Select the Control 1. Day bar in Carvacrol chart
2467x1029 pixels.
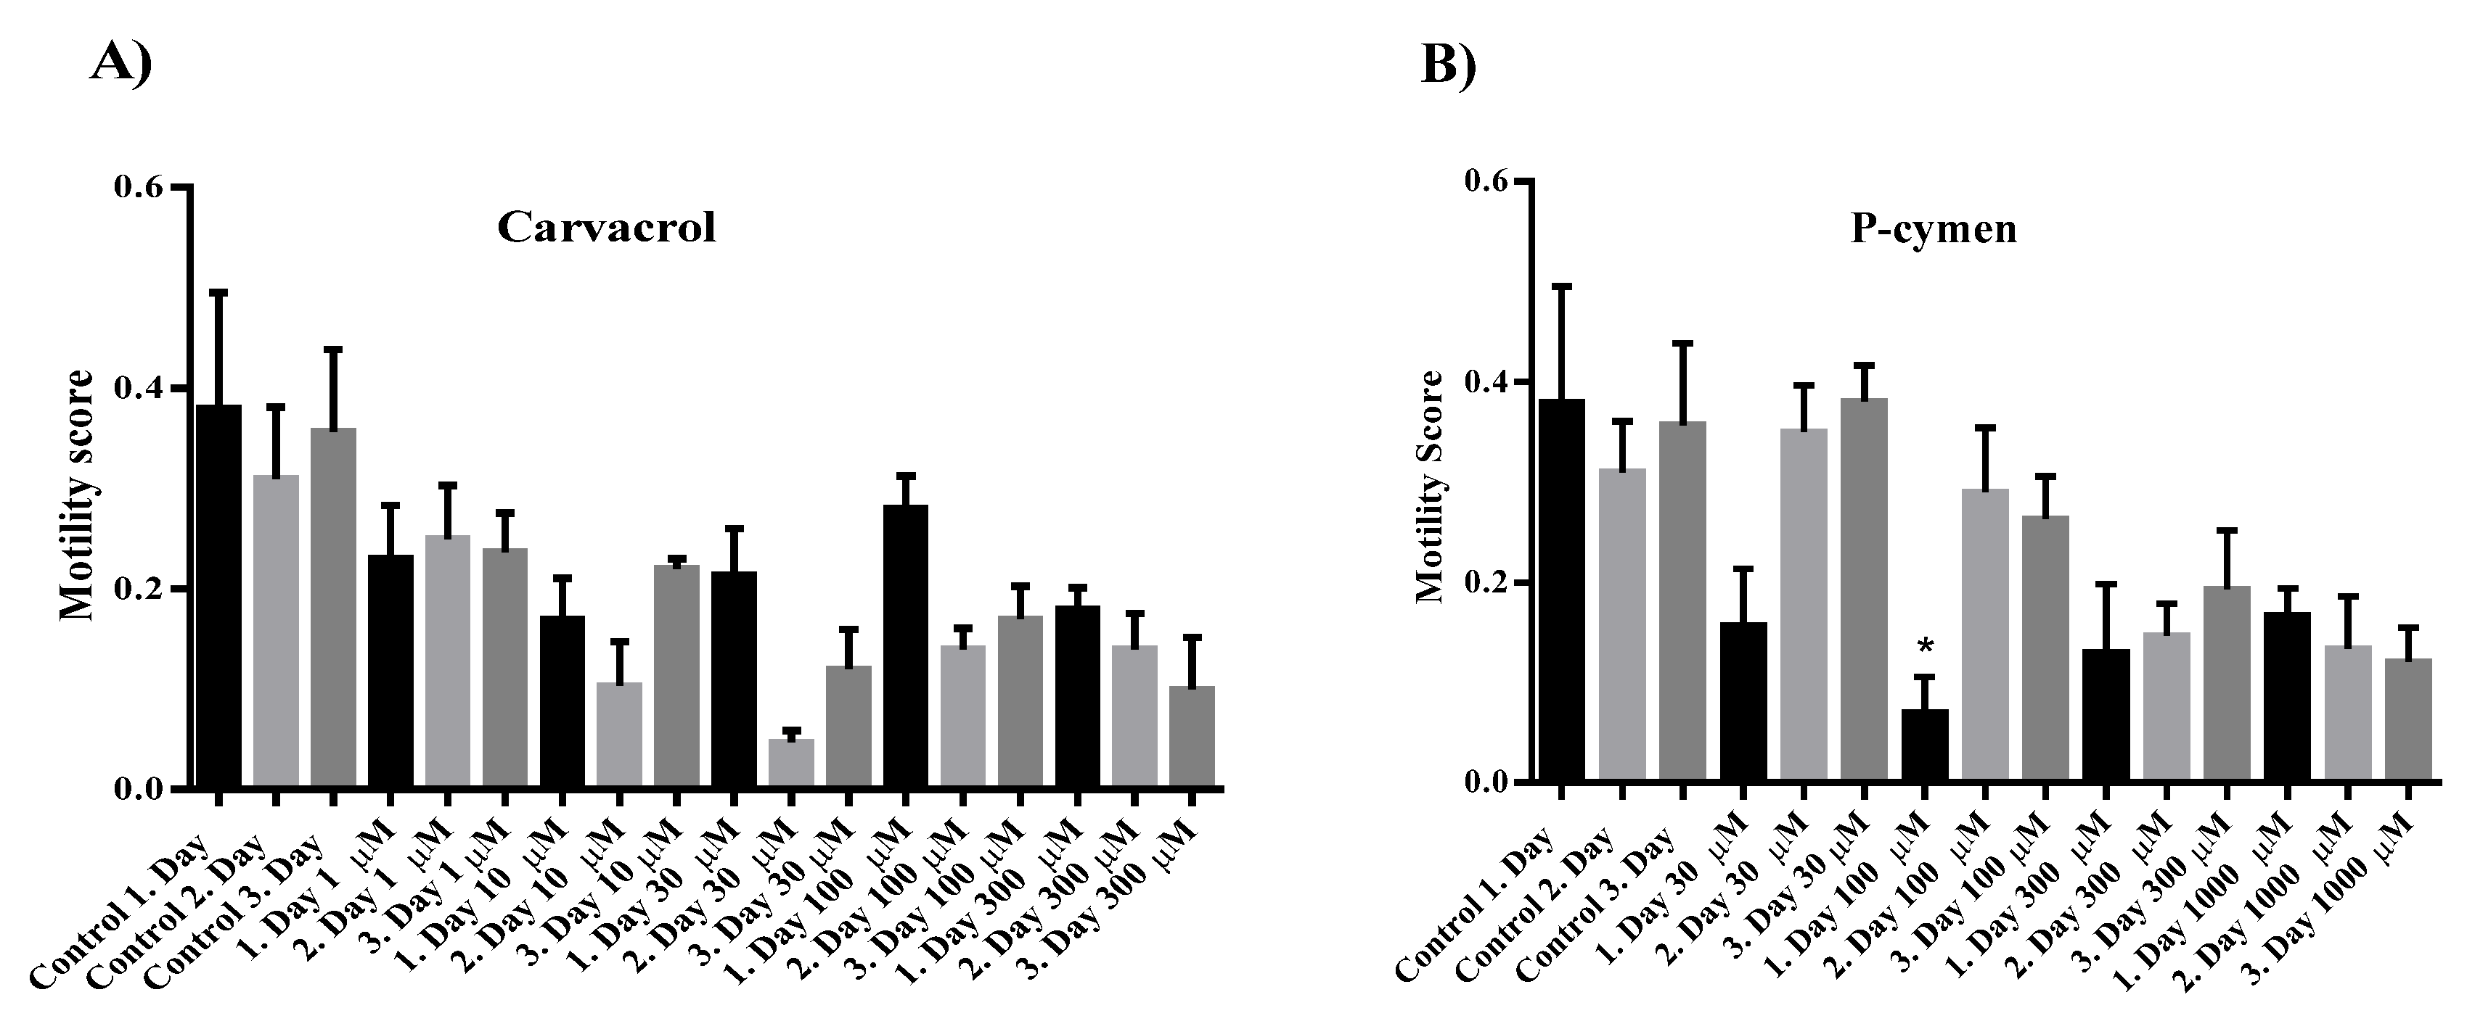218,596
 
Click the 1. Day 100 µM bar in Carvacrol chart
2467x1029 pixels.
905,646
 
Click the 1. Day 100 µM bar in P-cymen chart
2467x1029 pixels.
1924,745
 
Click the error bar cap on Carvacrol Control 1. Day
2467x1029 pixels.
218,291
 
